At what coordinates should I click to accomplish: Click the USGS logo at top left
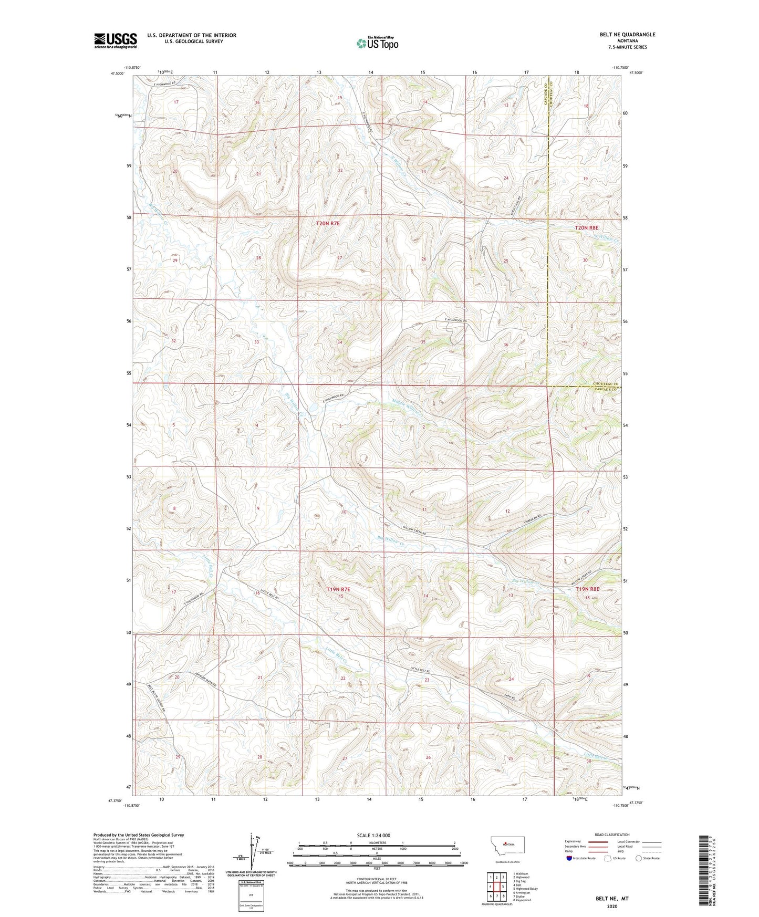tap(116, 40)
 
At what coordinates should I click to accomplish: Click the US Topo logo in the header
tap(377, 43)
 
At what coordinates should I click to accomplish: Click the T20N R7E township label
tap(328, 224)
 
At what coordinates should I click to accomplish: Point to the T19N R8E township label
tap(587, 589)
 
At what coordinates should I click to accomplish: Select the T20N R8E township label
tap(587, 228)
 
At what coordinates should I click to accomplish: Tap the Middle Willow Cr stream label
tap(407, 407)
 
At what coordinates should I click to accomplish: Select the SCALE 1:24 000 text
tap(373, 835)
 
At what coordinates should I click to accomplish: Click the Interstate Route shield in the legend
tap(570, 858)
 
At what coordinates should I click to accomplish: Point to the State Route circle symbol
tap(638, 858)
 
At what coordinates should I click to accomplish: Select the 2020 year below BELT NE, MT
tap(612, 906)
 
